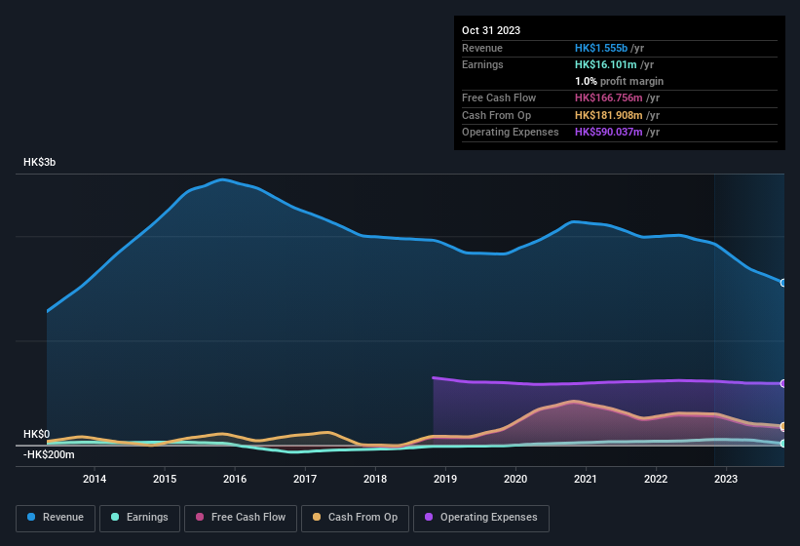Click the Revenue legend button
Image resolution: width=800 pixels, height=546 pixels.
click(56, 517)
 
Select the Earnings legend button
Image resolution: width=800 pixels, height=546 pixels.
click(139, 517)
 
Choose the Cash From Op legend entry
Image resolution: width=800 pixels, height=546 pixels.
click(354, 517)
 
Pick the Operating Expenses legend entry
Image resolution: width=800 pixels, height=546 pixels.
click(480, 517)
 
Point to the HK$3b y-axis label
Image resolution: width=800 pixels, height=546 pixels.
click(40, 163)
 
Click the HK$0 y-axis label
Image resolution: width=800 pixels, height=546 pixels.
click(36, 434)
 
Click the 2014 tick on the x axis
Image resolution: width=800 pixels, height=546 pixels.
click(95, 479)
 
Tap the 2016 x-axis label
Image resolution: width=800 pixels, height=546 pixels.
click(235, 479)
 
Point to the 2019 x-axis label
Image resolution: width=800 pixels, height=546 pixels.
click(445, 479)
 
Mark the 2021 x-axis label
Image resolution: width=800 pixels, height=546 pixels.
click(586, 479)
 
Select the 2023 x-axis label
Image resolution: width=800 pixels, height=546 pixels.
click(726, 479)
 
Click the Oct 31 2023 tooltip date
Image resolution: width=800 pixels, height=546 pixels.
click(491, 30)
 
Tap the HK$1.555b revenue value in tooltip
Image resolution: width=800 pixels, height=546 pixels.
click(601, 48)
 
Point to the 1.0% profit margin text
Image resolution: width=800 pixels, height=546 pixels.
click(619, 81)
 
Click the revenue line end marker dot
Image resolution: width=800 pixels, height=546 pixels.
click(783, 283)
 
